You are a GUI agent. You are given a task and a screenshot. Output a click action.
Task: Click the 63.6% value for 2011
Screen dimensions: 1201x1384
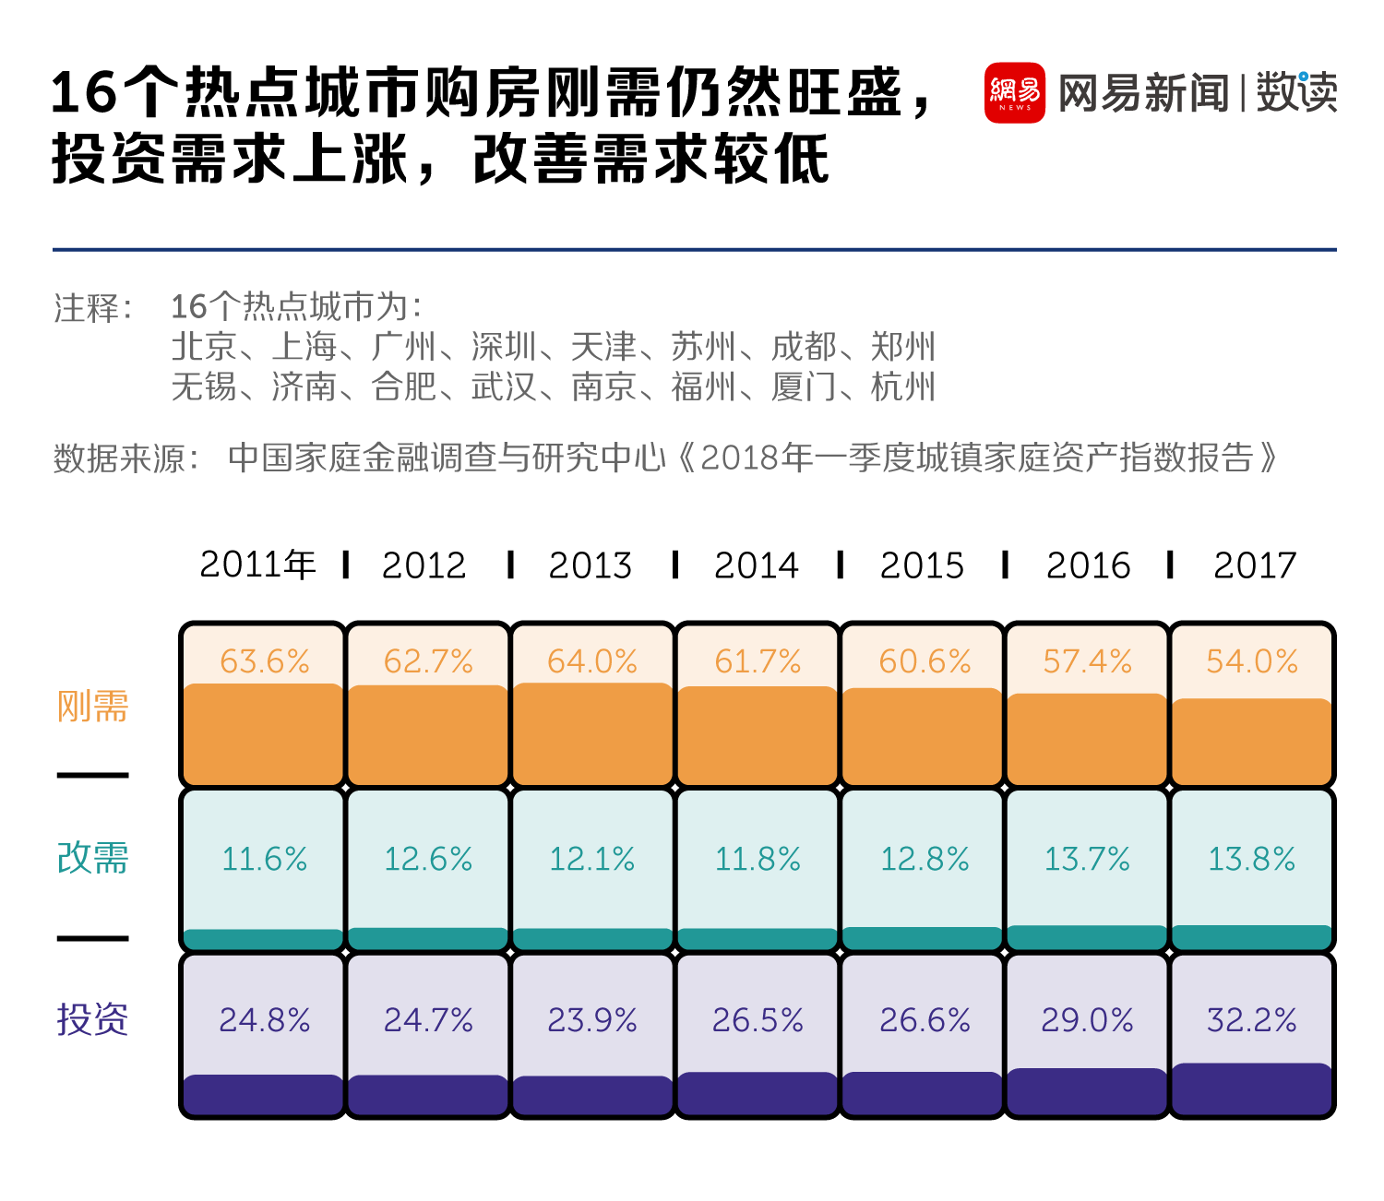tap(265, 661)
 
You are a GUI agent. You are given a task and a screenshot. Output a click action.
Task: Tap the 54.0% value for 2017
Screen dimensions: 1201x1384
tap(1252, 661)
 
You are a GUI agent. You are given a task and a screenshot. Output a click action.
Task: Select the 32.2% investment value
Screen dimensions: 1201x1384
tap(1252, 1020)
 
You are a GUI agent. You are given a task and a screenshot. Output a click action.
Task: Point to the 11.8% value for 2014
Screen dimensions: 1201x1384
tap(758, 859)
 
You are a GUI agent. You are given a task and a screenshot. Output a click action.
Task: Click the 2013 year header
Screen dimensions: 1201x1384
tap(591, 565)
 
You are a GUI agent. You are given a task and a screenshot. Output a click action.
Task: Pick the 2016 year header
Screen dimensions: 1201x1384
tap(1088, 565)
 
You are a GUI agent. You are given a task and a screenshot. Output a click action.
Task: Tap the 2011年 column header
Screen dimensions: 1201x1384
tap(258, 565)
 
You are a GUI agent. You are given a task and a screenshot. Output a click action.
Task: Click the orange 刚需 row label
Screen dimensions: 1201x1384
tap(92, 707)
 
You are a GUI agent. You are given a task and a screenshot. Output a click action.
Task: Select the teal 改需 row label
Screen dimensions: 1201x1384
tap(92, 858)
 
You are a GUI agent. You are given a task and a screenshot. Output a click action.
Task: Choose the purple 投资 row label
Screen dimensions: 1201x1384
tap(92, 1019)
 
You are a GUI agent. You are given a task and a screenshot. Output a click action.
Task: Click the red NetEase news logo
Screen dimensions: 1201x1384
tap(1014, 92)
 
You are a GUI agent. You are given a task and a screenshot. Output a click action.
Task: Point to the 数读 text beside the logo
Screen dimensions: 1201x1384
tap(1295, 93)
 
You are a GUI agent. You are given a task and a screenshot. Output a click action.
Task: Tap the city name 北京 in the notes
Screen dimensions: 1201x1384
tap(204, 347)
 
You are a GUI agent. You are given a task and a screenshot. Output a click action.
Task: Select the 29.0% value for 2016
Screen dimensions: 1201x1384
tap(1087, 1020)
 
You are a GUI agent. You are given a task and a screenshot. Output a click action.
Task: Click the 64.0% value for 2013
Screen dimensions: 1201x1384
tap(592, 661)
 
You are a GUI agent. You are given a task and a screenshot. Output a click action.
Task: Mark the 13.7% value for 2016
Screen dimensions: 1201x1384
tap(1087, 859)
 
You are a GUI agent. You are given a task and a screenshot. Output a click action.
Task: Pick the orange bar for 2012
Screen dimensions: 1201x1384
tap(428, 734)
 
